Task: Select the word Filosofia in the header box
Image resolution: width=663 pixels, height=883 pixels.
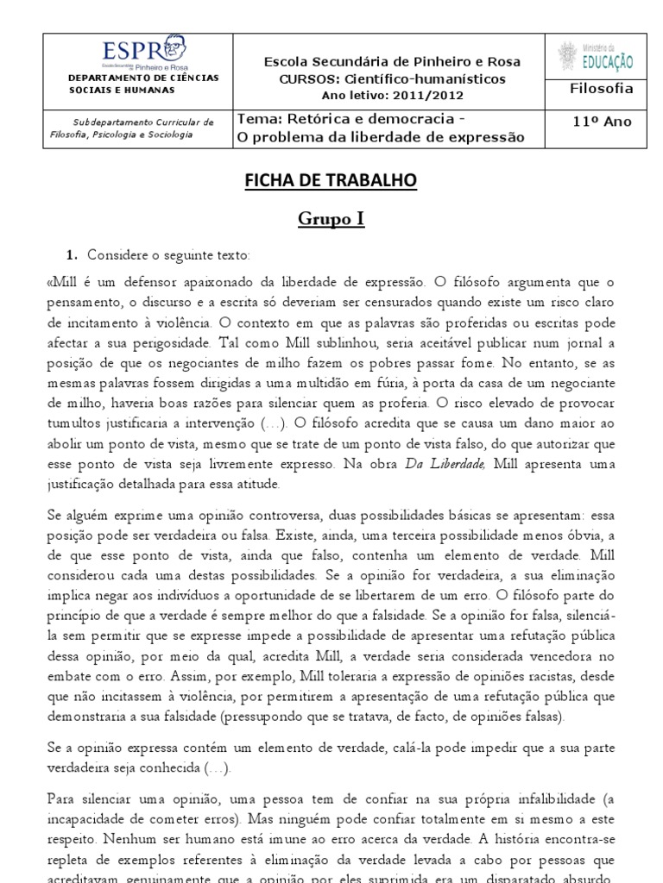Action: click(602, 88)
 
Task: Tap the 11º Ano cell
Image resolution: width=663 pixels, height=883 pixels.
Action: click(602, 122)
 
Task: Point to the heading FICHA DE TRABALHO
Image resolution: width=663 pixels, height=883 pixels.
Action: click(332, 180)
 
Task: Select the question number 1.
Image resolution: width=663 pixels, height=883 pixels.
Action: click(73, 255)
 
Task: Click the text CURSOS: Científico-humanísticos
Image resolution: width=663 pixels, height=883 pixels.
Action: click(392, 78)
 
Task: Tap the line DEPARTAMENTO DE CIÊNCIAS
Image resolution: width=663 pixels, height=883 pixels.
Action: click(143, 78)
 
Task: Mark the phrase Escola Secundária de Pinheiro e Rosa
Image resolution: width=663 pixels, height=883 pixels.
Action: click(392, 62)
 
